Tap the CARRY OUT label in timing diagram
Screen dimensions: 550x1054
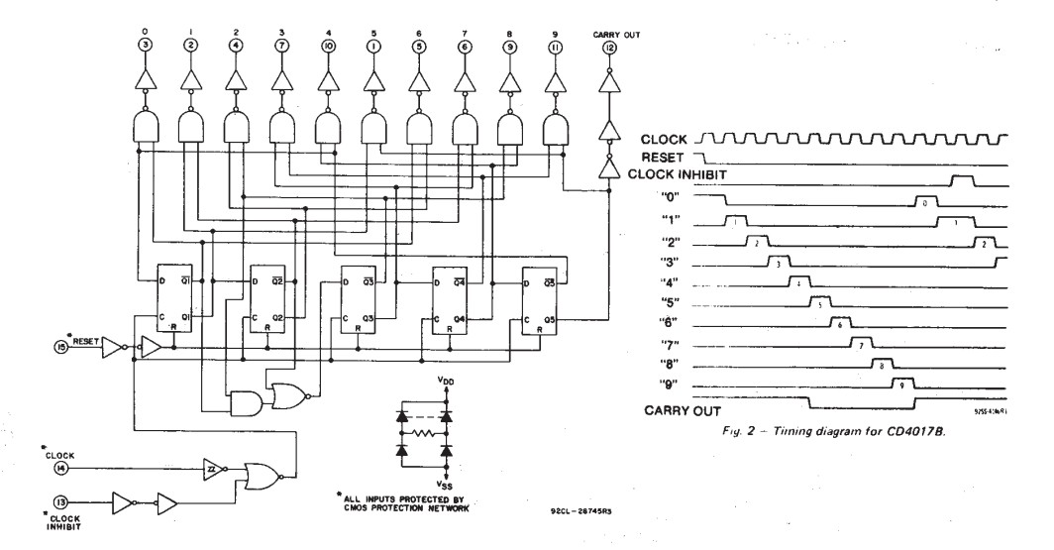pyautogui.click(x=683, y=410)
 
